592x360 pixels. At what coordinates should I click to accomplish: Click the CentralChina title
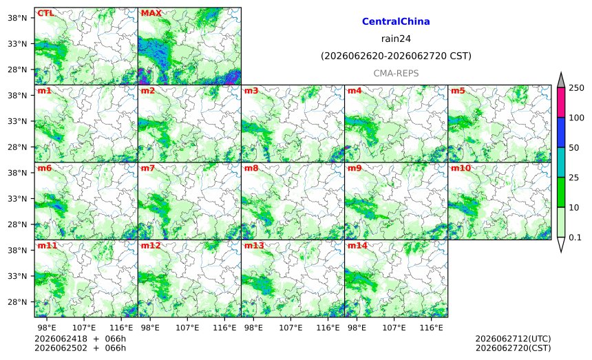(396, 21)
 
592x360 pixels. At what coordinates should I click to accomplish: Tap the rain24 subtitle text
(396, 39)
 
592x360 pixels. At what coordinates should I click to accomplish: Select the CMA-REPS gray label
(396, 73)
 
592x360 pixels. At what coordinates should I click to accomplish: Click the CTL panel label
(45, 13)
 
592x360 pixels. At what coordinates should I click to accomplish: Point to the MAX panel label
(151, 13)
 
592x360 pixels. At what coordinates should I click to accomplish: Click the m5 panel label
(458, 91)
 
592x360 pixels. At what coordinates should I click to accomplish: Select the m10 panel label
(461, 169)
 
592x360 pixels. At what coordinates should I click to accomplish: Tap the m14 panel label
(357, 246)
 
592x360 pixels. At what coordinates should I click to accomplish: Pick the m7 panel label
(148, 169)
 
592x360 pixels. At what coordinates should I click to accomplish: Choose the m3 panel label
(251, 91)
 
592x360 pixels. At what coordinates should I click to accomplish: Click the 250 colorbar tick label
(577, 88)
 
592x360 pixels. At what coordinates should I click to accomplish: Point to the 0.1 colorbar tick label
(575, 237)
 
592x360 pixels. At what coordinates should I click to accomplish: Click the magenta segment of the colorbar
(561, 103)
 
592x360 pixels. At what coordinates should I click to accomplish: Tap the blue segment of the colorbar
(561, 132)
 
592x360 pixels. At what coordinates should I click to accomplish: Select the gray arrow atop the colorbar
(561, 81)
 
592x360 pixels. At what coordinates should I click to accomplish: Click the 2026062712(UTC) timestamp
(513, 339)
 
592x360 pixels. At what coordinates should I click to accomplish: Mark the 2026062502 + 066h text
(80, 348)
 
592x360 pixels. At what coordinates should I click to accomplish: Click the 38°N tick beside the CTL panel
(17, 18)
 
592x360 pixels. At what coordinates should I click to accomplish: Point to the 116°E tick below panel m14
(432, 328)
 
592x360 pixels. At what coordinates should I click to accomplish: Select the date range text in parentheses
(396, 56)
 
